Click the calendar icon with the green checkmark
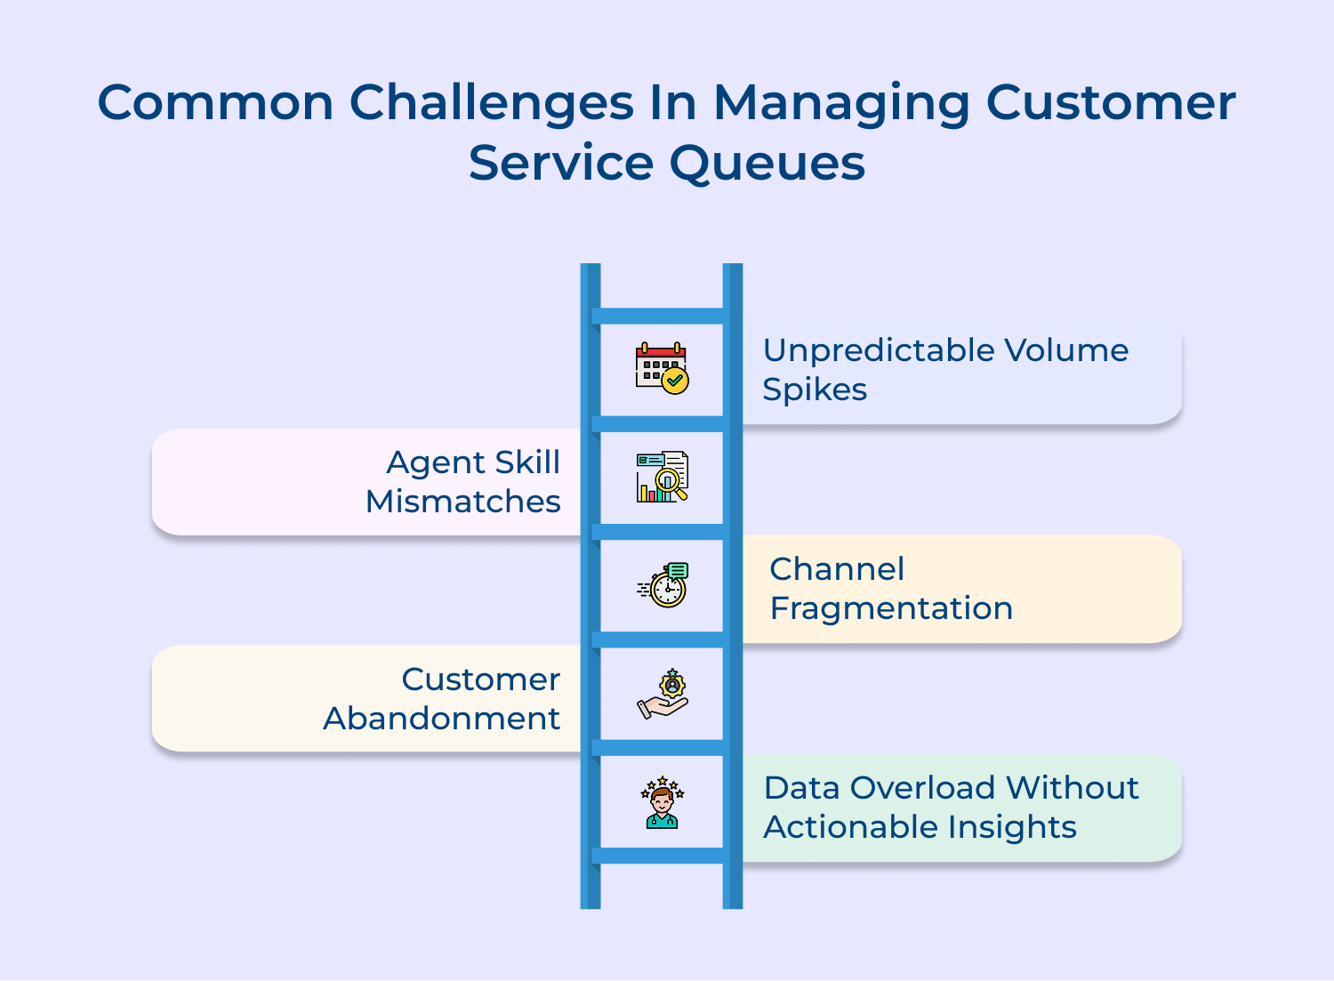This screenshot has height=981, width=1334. (x=662, y=368)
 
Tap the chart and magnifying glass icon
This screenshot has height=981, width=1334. (x=662, y=477)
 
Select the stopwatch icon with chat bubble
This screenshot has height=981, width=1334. (x=664, y=585)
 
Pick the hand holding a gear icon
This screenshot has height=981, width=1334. (x=663, y=694)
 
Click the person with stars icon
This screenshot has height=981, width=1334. (x=662, y=802)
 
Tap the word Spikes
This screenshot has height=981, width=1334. (x=814, y=390)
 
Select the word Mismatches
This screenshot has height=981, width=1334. (x=462, y=502)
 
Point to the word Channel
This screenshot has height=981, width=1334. (x=836, y=569)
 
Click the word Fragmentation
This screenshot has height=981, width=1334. (x=890, y=608)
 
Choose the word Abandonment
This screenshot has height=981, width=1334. (x=441, y=719)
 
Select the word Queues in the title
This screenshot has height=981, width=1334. (x=767, y=164)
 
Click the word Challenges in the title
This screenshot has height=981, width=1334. (x=491, y=102)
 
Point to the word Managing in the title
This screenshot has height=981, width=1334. (x=840, y=104)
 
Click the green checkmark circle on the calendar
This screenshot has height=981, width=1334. (x=676, y=381)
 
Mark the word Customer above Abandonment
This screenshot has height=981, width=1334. (x=480, y=679)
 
